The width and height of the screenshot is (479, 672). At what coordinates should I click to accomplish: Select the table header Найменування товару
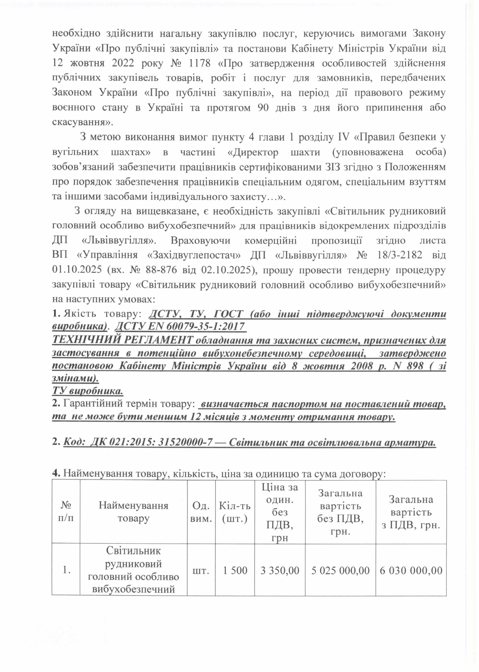134,512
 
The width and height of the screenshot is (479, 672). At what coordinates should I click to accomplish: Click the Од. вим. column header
201,512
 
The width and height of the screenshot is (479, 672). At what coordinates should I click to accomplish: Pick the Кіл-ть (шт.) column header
234,512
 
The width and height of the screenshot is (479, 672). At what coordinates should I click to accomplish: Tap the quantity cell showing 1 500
234,570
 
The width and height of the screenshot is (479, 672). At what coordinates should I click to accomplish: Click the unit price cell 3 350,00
279,570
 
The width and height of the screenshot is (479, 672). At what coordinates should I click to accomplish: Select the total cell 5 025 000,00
340,570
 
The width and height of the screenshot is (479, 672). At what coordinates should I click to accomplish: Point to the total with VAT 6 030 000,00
411,570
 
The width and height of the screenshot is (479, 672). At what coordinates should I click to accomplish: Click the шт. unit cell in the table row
201,570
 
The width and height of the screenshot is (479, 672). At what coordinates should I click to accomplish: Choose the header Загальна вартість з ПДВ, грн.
411,512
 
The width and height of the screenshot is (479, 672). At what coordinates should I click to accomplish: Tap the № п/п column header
66,512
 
